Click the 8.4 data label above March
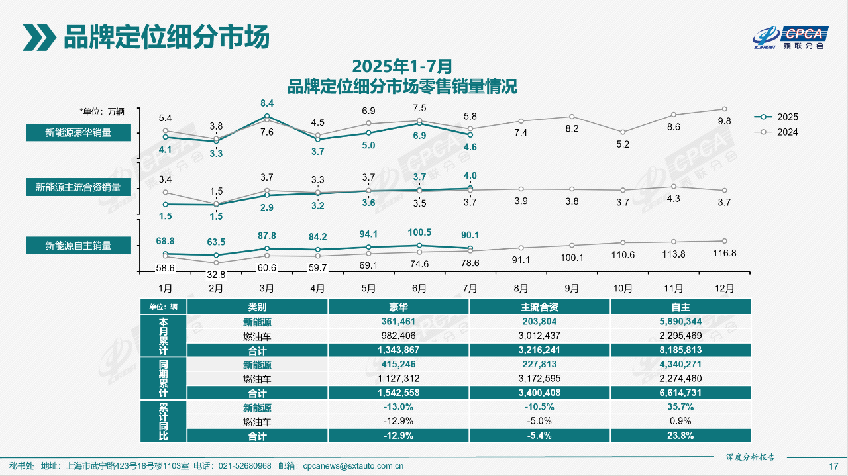pyautogui.click(x=267, y=103)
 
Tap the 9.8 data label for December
pyautogui.click(x=724, y=121)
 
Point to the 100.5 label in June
pyautogui.click(x=419, y=232)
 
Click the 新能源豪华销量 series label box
pyautogui.click(x=78, y=133)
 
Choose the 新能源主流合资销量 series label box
pyautogui.click(x=78, y=187)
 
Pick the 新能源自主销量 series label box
pyautogui.click(x=78, y=246)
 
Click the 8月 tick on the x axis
pyautogui.click(x=521, y=289)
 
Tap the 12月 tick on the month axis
pyautogui.click(x=725, y=289)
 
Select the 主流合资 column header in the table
pyautogui.click(x=539, y=307)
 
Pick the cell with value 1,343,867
pyautogui.click(x=398, y=350)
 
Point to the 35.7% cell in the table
pyautogui.click(x=680, y=407)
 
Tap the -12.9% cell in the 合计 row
pyautogui.click(x=398, y=436)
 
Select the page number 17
pyautogui.click(x=833, y=466)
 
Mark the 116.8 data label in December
pyautogui.click(x=724, y=253)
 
